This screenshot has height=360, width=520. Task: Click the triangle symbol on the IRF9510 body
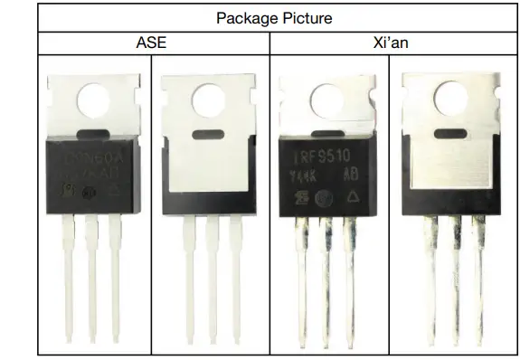357,194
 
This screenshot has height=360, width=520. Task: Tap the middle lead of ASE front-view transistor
90,280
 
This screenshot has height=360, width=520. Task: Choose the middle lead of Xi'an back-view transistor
449,280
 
